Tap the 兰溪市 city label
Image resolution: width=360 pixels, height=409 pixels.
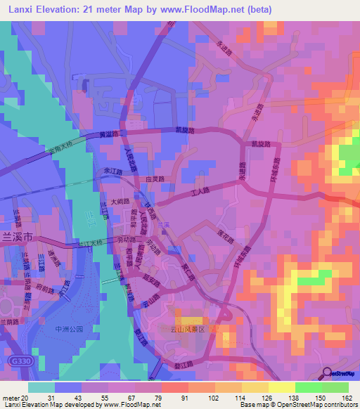(x=18, y=239)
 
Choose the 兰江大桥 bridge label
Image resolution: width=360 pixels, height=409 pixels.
(x=89, y=242)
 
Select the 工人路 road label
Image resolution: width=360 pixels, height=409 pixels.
(x=202, y=190)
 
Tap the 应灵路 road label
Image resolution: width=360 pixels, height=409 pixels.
(x=155, y=179)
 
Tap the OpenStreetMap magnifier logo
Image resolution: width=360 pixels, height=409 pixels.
(x=327, y=374)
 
